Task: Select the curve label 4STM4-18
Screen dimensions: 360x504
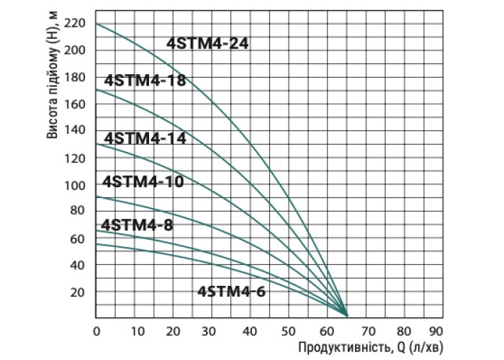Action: [145, 81]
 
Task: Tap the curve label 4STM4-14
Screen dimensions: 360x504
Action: [145, 139]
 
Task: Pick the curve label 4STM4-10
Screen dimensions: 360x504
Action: [143, 181]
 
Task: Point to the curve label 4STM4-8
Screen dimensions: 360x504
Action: [137, 225]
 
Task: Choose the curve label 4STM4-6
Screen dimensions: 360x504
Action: [231, 292]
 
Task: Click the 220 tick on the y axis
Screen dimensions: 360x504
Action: [76, 23]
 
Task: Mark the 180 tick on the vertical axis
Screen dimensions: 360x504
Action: [76, 77]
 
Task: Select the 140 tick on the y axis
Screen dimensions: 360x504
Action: [76, 131]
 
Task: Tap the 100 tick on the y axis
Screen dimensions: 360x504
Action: [76, 185]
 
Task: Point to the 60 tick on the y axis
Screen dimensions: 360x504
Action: [78, 239]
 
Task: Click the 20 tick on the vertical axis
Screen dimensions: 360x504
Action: [78, 292]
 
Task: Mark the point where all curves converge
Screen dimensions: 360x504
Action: [346, 315]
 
